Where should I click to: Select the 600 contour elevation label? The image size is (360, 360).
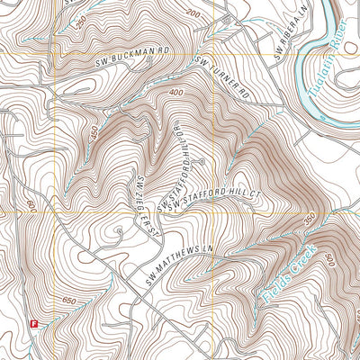30,208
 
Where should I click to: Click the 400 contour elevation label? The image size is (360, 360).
174,93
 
